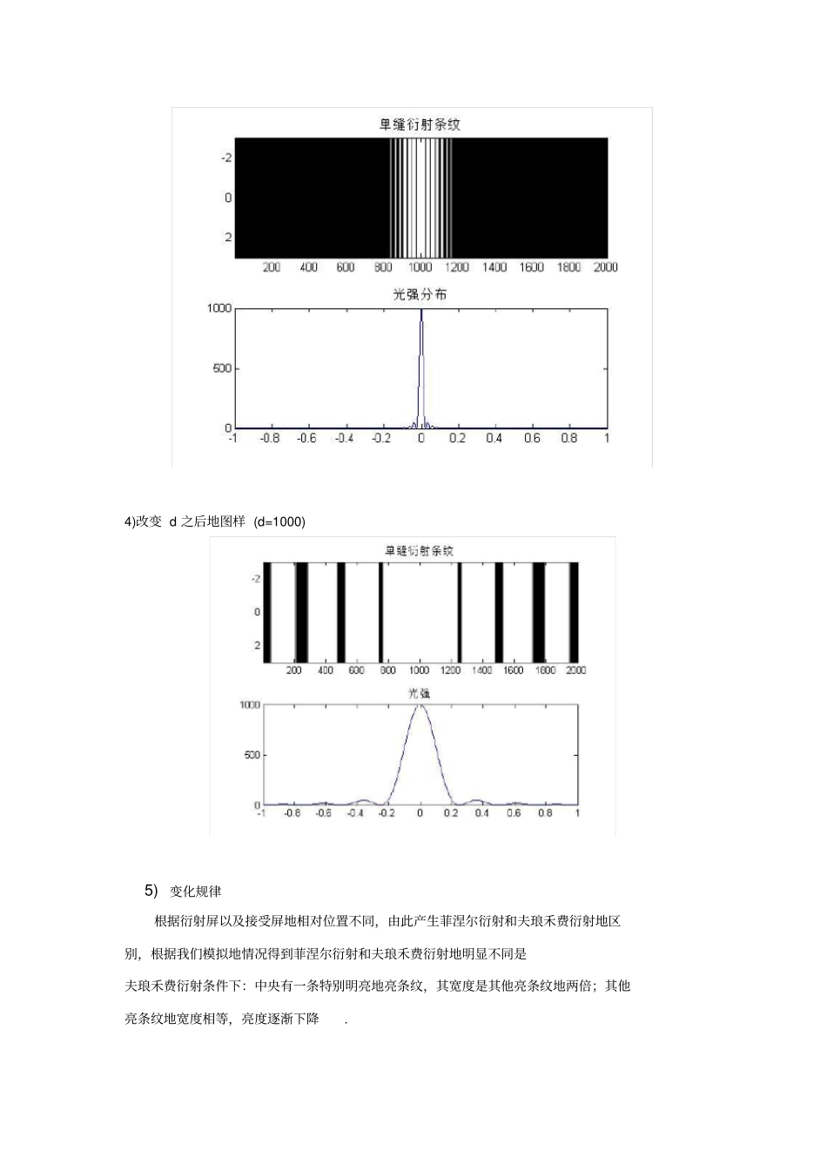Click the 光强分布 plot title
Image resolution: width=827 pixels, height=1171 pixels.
coord(420,295)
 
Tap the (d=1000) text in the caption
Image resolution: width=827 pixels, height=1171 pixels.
coord(279,522)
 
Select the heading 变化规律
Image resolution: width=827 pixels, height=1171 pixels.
coord(196,892)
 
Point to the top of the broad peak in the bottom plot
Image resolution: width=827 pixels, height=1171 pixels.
coord(420,705)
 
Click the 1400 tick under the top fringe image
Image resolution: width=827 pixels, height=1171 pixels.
coord(494,267)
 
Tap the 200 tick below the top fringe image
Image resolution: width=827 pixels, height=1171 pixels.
coord(272,267)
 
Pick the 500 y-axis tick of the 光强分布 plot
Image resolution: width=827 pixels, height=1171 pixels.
coord(222,368)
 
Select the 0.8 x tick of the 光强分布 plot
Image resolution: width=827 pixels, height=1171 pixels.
coord(569,438)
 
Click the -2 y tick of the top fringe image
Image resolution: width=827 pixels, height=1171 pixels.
coord(225,158)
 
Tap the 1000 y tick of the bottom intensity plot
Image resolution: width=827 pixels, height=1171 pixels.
coord(250,705)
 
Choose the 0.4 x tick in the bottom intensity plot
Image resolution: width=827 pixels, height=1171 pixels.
coord(482,813)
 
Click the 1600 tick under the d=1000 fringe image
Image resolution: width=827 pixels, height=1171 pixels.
coord(514,670)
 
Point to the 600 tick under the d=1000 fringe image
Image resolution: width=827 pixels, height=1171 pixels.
coord(357,670)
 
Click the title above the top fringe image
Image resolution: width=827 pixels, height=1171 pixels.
coord(420,125)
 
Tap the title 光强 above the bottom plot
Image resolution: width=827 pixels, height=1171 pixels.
coord(420,693)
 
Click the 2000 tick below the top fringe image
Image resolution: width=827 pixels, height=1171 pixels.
coord(606,267)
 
